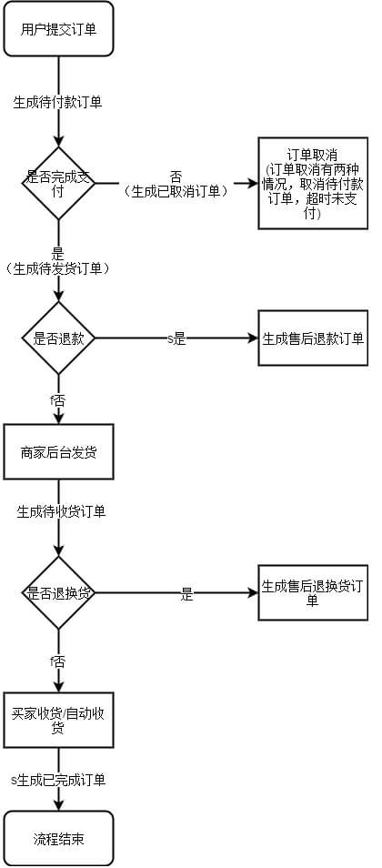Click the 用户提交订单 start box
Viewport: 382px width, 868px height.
pyautogui.click(x=58, y=29)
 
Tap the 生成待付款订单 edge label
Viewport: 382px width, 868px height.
pyautogui.click(x=57, y=102)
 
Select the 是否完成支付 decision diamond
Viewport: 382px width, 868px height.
pyautogui.click(x=58, y=183)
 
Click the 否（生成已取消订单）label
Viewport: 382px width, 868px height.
pyautogui.click(x=176, y=185)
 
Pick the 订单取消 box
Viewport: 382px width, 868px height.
pyautogui.click(x=313, y=183)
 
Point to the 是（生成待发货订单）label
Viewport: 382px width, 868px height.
pyautogui.click(x=57, y=262)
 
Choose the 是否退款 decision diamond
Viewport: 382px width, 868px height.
pyautogui.click(x=58, y=338)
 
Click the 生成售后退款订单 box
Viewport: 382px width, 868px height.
pyautogui.click(x=313, y=338)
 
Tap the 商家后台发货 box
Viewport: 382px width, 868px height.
pyautogui.click(x=58, y=451)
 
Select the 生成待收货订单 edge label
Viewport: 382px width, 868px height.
pyautogui.click(x=61, y=511)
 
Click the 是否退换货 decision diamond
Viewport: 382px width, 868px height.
pyautogui.click(x=58, y=592)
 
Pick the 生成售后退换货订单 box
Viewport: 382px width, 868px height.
pyautogui.click(x=313, y=592)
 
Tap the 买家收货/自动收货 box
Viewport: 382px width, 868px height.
pyautogui.click(x=58, y=720)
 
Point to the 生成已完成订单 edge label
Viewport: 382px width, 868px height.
pyautogui.click(x=59, y=780)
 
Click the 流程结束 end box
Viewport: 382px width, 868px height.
pyautogui.click(x=58, y=839)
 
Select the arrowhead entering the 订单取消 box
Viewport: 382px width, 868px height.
pyautogui.click(x=253, y=183)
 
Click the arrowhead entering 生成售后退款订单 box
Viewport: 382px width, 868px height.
pyautogui.click(x=253, y=338)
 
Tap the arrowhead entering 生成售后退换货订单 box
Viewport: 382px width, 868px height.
pyautogui.click(x=253, y=592)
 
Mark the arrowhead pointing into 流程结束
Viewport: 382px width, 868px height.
pyautogui.click(x=58, y=805)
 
